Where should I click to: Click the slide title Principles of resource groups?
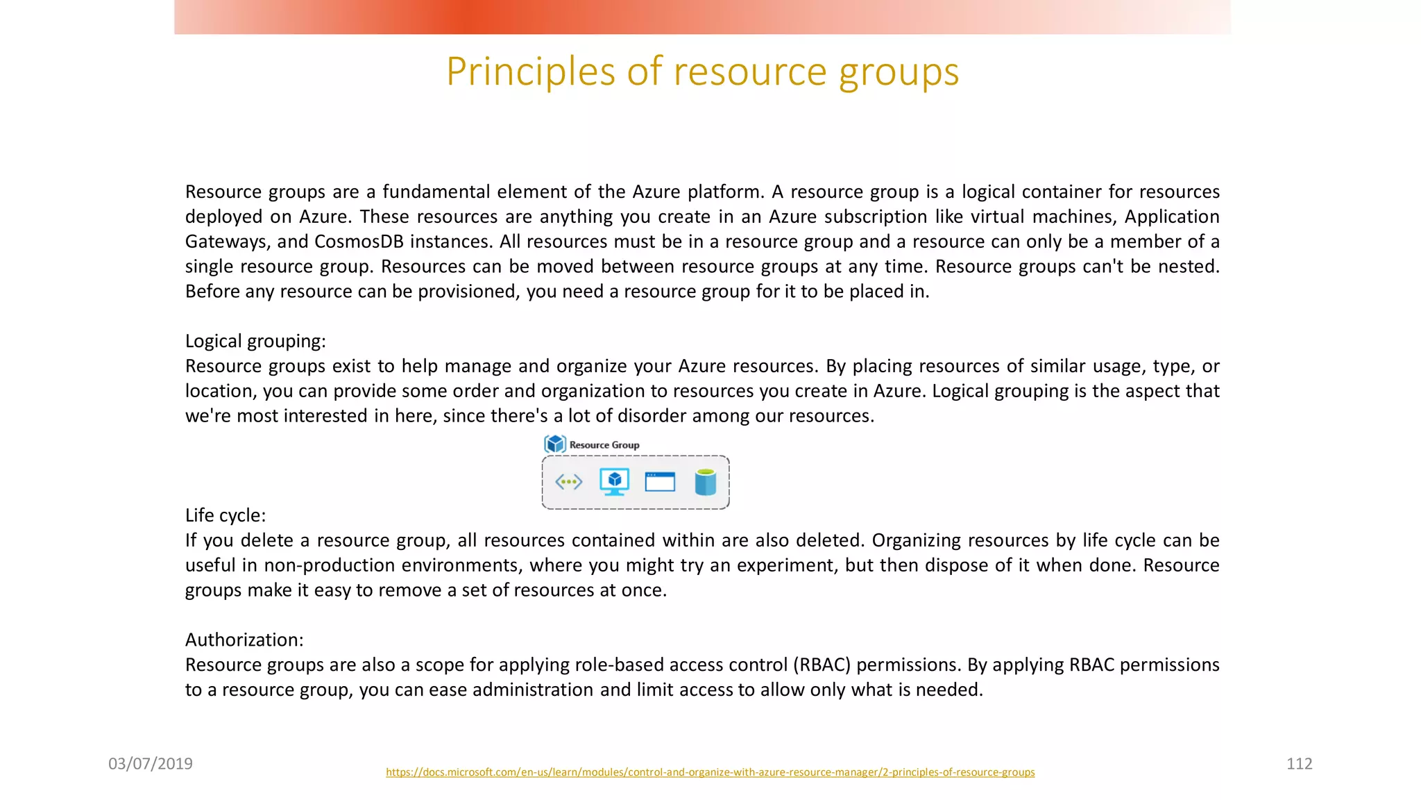[702, 72]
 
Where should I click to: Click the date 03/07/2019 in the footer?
[151, 764]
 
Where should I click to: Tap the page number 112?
[1299, 764]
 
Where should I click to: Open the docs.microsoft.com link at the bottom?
[710, 772]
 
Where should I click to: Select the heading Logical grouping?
[255, 341]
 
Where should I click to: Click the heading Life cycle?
[226, 515]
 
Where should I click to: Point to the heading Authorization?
[244, 640]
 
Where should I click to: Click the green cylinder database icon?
[705, 482]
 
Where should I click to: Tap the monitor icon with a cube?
[614, 481]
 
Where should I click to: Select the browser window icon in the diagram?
[660, 481]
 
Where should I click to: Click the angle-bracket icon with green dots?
[569, 481]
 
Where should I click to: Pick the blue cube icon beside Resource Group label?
[555, 444]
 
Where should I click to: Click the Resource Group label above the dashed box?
[604, 445]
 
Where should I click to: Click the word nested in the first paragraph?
[1187, 267]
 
